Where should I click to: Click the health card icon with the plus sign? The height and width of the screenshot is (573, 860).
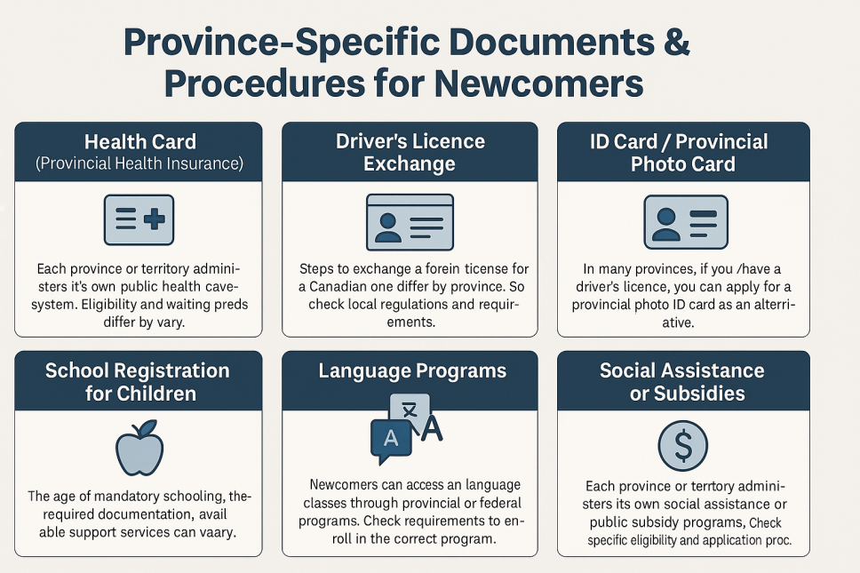point(139,220)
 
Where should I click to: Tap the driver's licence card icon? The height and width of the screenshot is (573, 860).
point(410,221)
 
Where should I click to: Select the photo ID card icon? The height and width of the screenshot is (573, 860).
point(684,221)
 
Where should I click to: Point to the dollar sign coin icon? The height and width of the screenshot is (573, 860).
point(683,446)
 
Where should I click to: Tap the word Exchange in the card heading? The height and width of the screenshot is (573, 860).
point(410,163)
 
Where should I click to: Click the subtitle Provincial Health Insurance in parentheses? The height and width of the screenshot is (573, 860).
point(139,163)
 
